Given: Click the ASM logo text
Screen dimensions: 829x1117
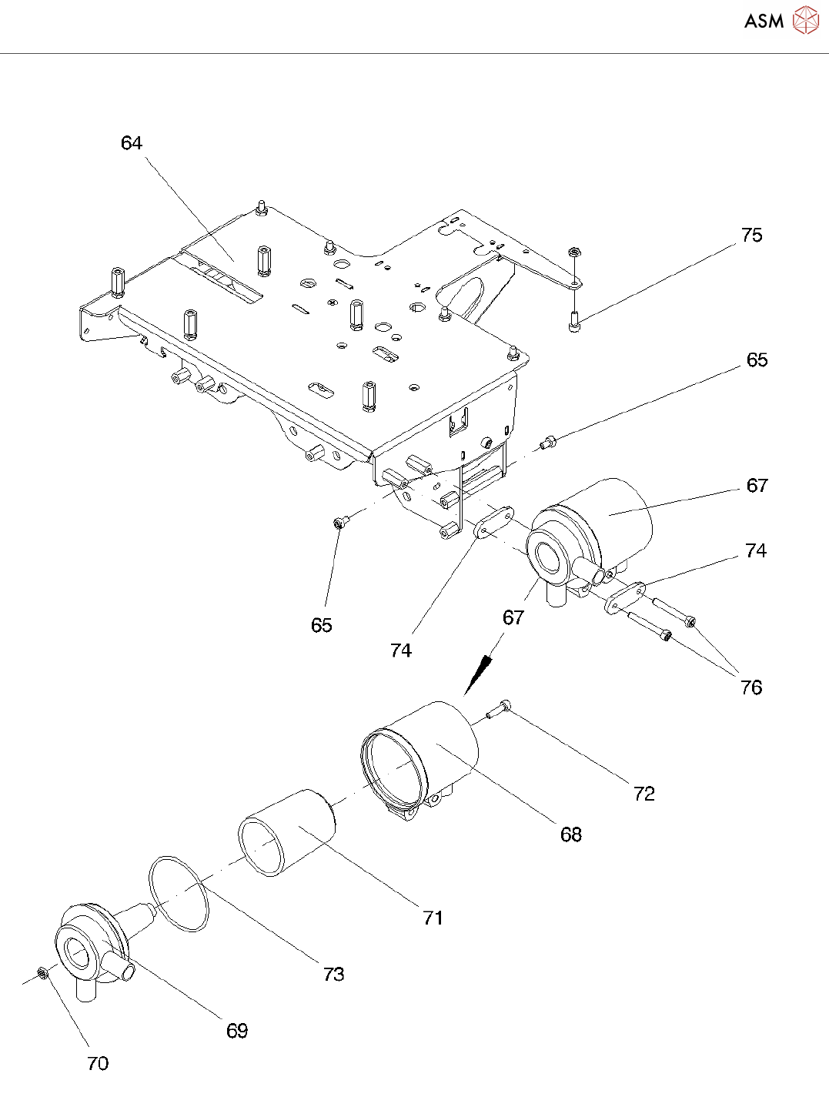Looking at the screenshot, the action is [764, 21].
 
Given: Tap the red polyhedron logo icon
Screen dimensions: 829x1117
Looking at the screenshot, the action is [806, 20].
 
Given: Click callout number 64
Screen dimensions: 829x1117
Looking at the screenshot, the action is [132, 143].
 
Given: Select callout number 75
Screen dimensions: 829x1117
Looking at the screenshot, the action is [751, 236].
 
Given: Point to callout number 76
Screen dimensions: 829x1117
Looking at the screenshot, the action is [751, 687].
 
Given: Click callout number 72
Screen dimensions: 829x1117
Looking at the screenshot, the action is [644, 794].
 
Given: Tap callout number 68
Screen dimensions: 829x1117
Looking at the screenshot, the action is [571, 834].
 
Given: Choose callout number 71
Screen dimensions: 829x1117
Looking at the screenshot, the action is [433, 918].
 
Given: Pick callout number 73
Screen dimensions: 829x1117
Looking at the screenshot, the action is [333, 975].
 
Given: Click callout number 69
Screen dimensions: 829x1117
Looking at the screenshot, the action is [237, 1031].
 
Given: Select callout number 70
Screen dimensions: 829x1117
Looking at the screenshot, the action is [98, 1064].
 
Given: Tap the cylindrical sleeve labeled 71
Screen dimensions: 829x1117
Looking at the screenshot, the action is [286, 832].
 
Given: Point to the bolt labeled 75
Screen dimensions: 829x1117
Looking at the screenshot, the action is [575, 321].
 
